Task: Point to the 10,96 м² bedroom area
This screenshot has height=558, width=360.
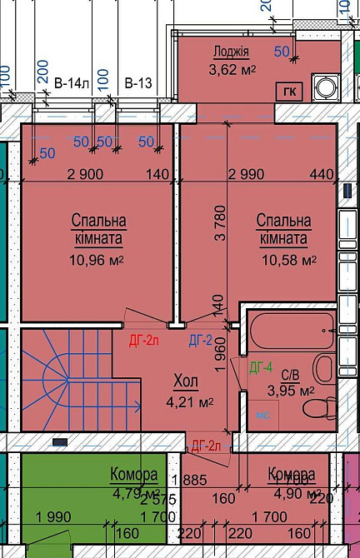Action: (97, 259)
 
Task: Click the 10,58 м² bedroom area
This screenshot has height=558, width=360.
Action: (282, 259)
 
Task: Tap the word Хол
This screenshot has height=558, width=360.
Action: (186, 381)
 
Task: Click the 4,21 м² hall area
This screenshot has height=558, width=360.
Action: (188, 401)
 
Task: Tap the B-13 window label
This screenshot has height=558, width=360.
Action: (138, 83)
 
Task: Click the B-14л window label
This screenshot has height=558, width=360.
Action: (71, 83)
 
